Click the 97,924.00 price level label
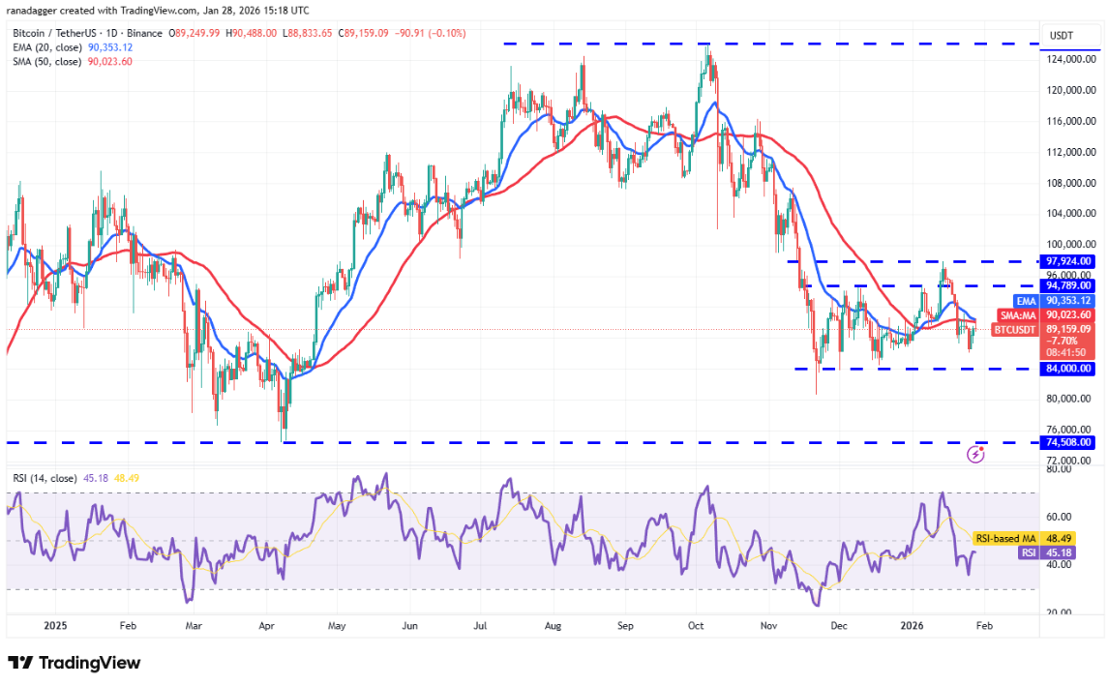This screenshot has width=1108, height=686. point(1068,261)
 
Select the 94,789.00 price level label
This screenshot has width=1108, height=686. point(1068,285)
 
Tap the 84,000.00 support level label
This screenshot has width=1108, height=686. point(1068,369)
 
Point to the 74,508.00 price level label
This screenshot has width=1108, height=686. point(1068,442)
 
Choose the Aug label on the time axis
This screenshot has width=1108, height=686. point(552,626)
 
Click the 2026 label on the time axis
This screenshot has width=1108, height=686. point(912,626)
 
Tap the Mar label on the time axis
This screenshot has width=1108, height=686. point(193,626)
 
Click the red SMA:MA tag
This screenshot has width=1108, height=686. point(1019,314)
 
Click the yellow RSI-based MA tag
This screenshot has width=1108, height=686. point(1004,538)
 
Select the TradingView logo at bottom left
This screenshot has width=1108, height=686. point(75,663)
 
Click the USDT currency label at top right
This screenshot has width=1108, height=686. point(1063,36)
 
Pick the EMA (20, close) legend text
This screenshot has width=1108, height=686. point(46,46)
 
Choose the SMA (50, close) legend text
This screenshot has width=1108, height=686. point(46,61)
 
